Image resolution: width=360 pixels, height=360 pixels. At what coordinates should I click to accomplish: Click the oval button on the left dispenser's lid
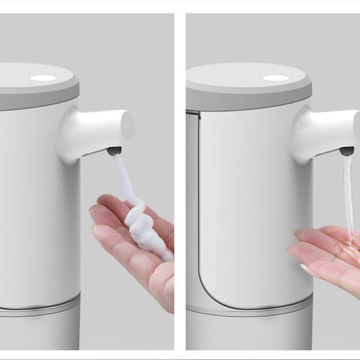[x=43, y=78]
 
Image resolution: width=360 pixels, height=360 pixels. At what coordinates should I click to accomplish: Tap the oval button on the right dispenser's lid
[x=275, y=78]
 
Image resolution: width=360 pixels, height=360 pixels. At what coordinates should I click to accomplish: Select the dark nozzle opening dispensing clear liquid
[x=347, y=151]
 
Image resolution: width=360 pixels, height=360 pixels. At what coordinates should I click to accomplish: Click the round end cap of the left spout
[x=127, y=125]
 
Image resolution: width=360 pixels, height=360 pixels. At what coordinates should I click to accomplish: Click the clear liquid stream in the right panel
[x=348, y=192]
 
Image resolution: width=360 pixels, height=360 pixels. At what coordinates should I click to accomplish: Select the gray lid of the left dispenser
[x=36, y=93]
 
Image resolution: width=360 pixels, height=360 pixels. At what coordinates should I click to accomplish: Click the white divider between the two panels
[x=180, y=180]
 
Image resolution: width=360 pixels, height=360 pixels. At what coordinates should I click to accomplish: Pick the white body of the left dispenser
[x=36, y=198]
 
